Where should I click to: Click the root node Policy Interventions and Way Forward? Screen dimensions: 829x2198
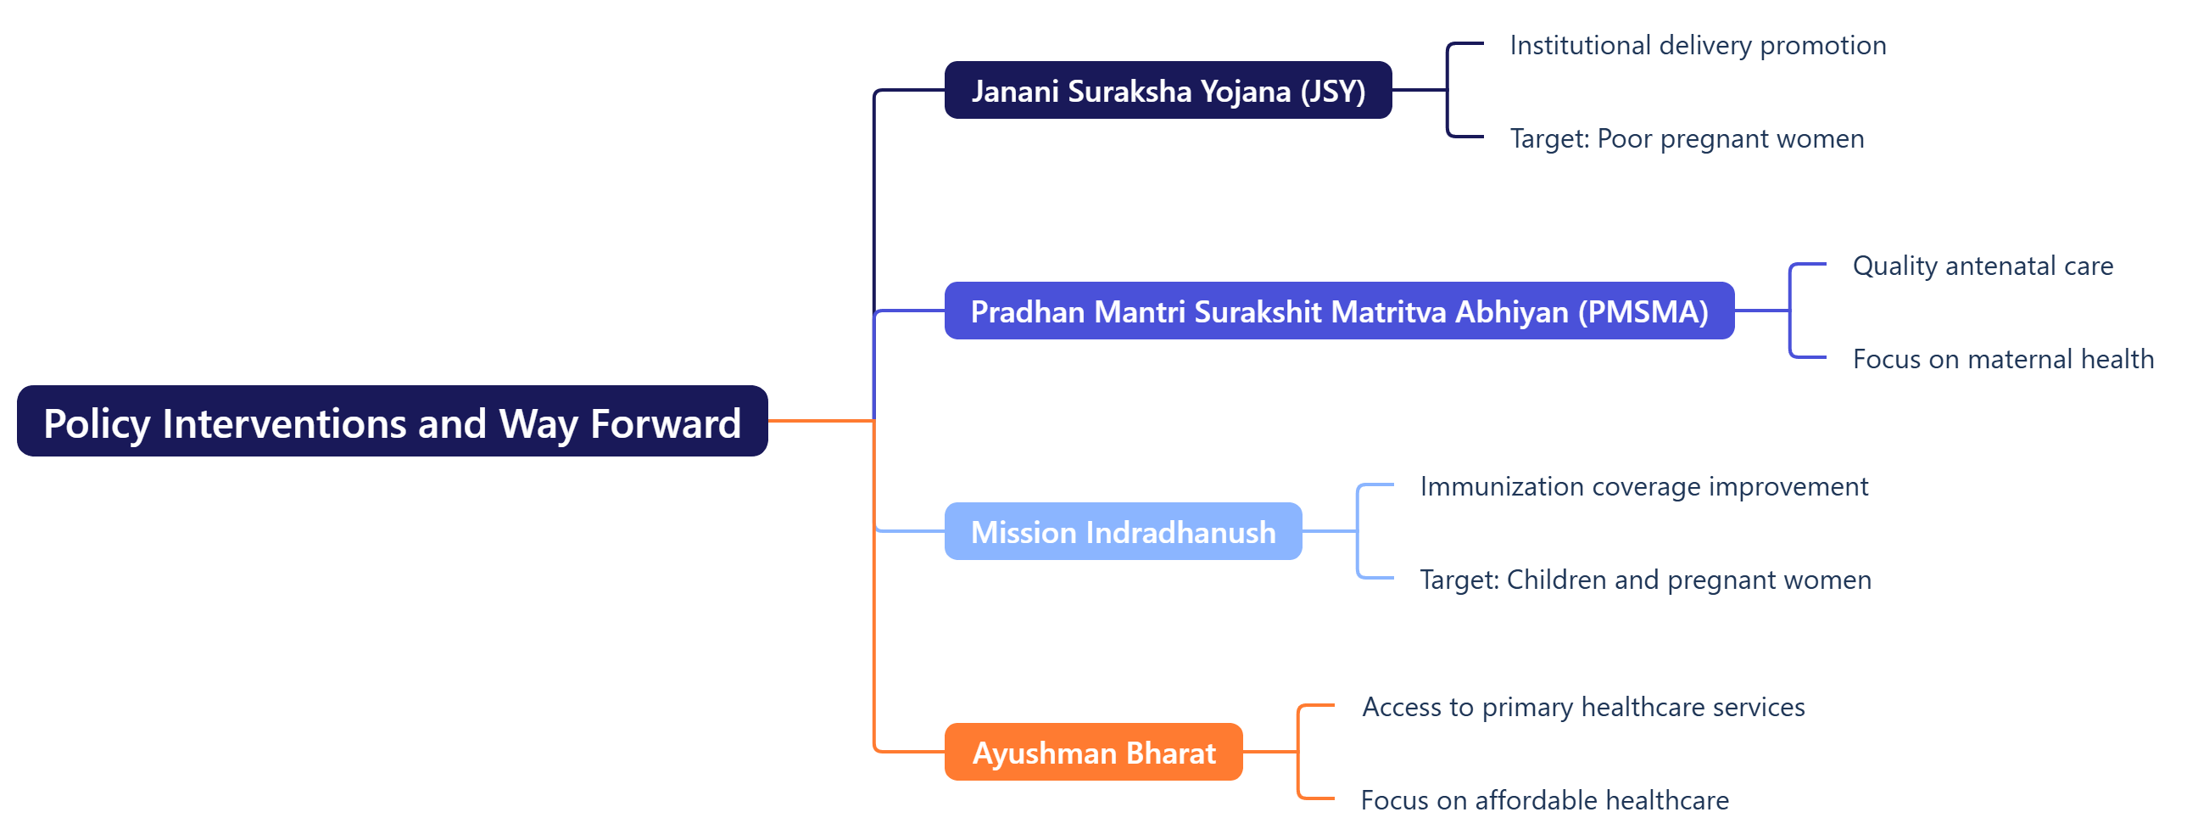(392, 422)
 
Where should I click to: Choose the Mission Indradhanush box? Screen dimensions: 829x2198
(1122, 532)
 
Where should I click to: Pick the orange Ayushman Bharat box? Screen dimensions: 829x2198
(1093, 752)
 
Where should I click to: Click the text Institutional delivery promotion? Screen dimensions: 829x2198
(1697, 45)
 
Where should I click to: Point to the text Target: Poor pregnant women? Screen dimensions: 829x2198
(1686, 138)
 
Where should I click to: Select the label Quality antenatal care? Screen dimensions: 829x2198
(1982, 266)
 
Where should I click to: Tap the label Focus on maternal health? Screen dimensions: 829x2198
(2003, 359)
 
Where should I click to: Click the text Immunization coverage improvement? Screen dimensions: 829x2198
(1643, 487)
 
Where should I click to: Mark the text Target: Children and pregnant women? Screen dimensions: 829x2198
(1645, 580)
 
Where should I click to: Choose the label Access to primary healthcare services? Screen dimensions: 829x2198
(1583, 707)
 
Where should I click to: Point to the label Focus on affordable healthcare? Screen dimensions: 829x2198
(1544, 800)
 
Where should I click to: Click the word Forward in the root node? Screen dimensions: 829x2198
(666, 423)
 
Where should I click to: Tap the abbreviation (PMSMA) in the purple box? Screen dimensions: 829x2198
(1643, 311)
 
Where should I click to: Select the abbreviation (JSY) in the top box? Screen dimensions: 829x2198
(1333, 92)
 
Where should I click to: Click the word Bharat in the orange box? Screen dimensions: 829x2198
(1171, 753)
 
